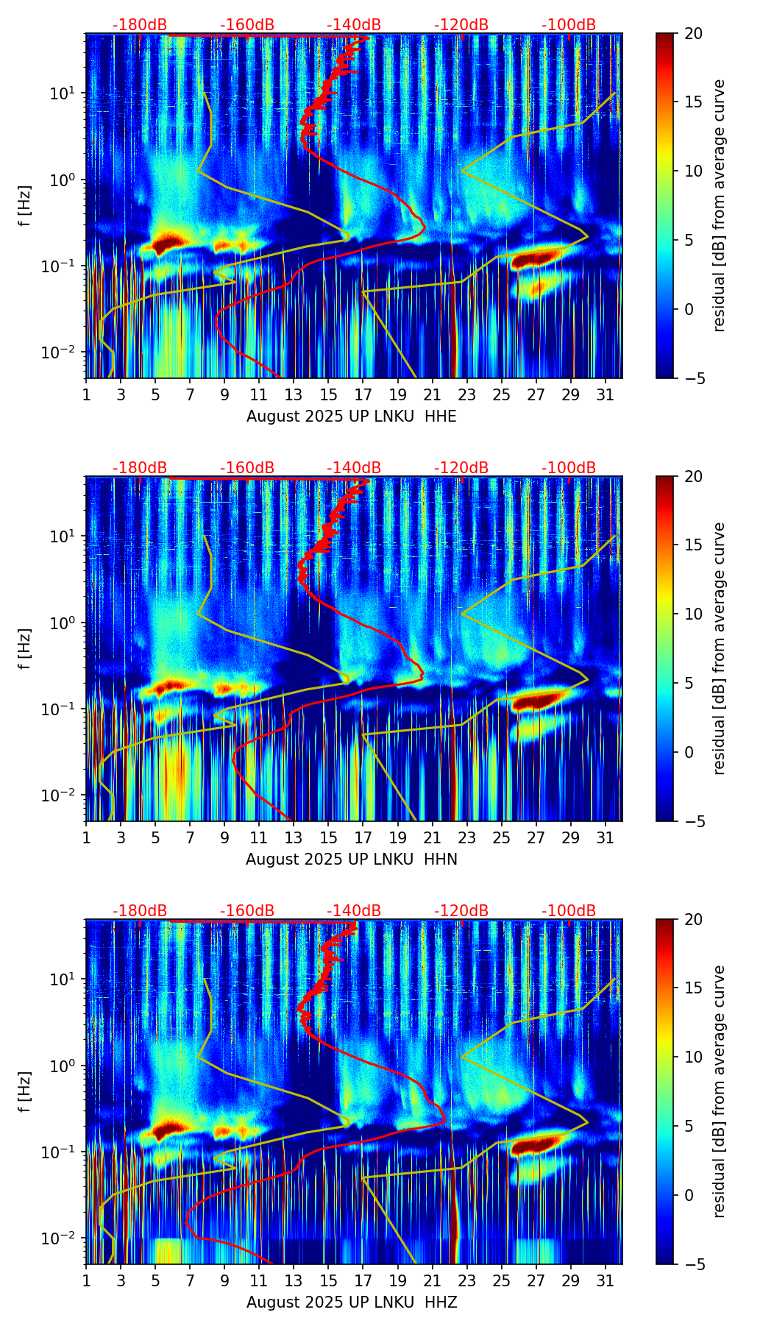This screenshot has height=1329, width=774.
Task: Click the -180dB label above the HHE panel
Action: (140, 25)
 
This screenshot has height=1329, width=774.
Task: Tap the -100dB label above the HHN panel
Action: (569, 468)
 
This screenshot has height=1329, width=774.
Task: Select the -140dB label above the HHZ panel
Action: (354, 911)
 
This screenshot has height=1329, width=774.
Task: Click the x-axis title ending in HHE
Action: (351, 417)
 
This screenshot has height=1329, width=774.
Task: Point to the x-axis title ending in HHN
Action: (351, 860)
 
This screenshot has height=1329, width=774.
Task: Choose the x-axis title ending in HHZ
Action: (351, 1303)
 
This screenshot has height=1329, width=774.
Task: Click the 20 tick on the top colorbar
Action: (692, 33)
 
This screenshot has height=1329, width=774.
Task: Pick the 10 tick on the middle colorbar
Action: (692, 614)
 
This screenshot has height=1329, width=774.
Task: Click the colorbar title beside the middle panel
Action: (719, 648)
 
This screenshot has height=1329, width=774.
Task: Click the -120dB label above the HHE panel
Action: (461, 25)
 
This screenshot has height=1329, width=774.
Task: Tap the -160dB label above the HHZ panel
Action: (247, 911)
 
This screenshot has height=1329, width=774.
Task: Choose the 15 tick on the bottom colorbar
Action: (692, 988)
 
